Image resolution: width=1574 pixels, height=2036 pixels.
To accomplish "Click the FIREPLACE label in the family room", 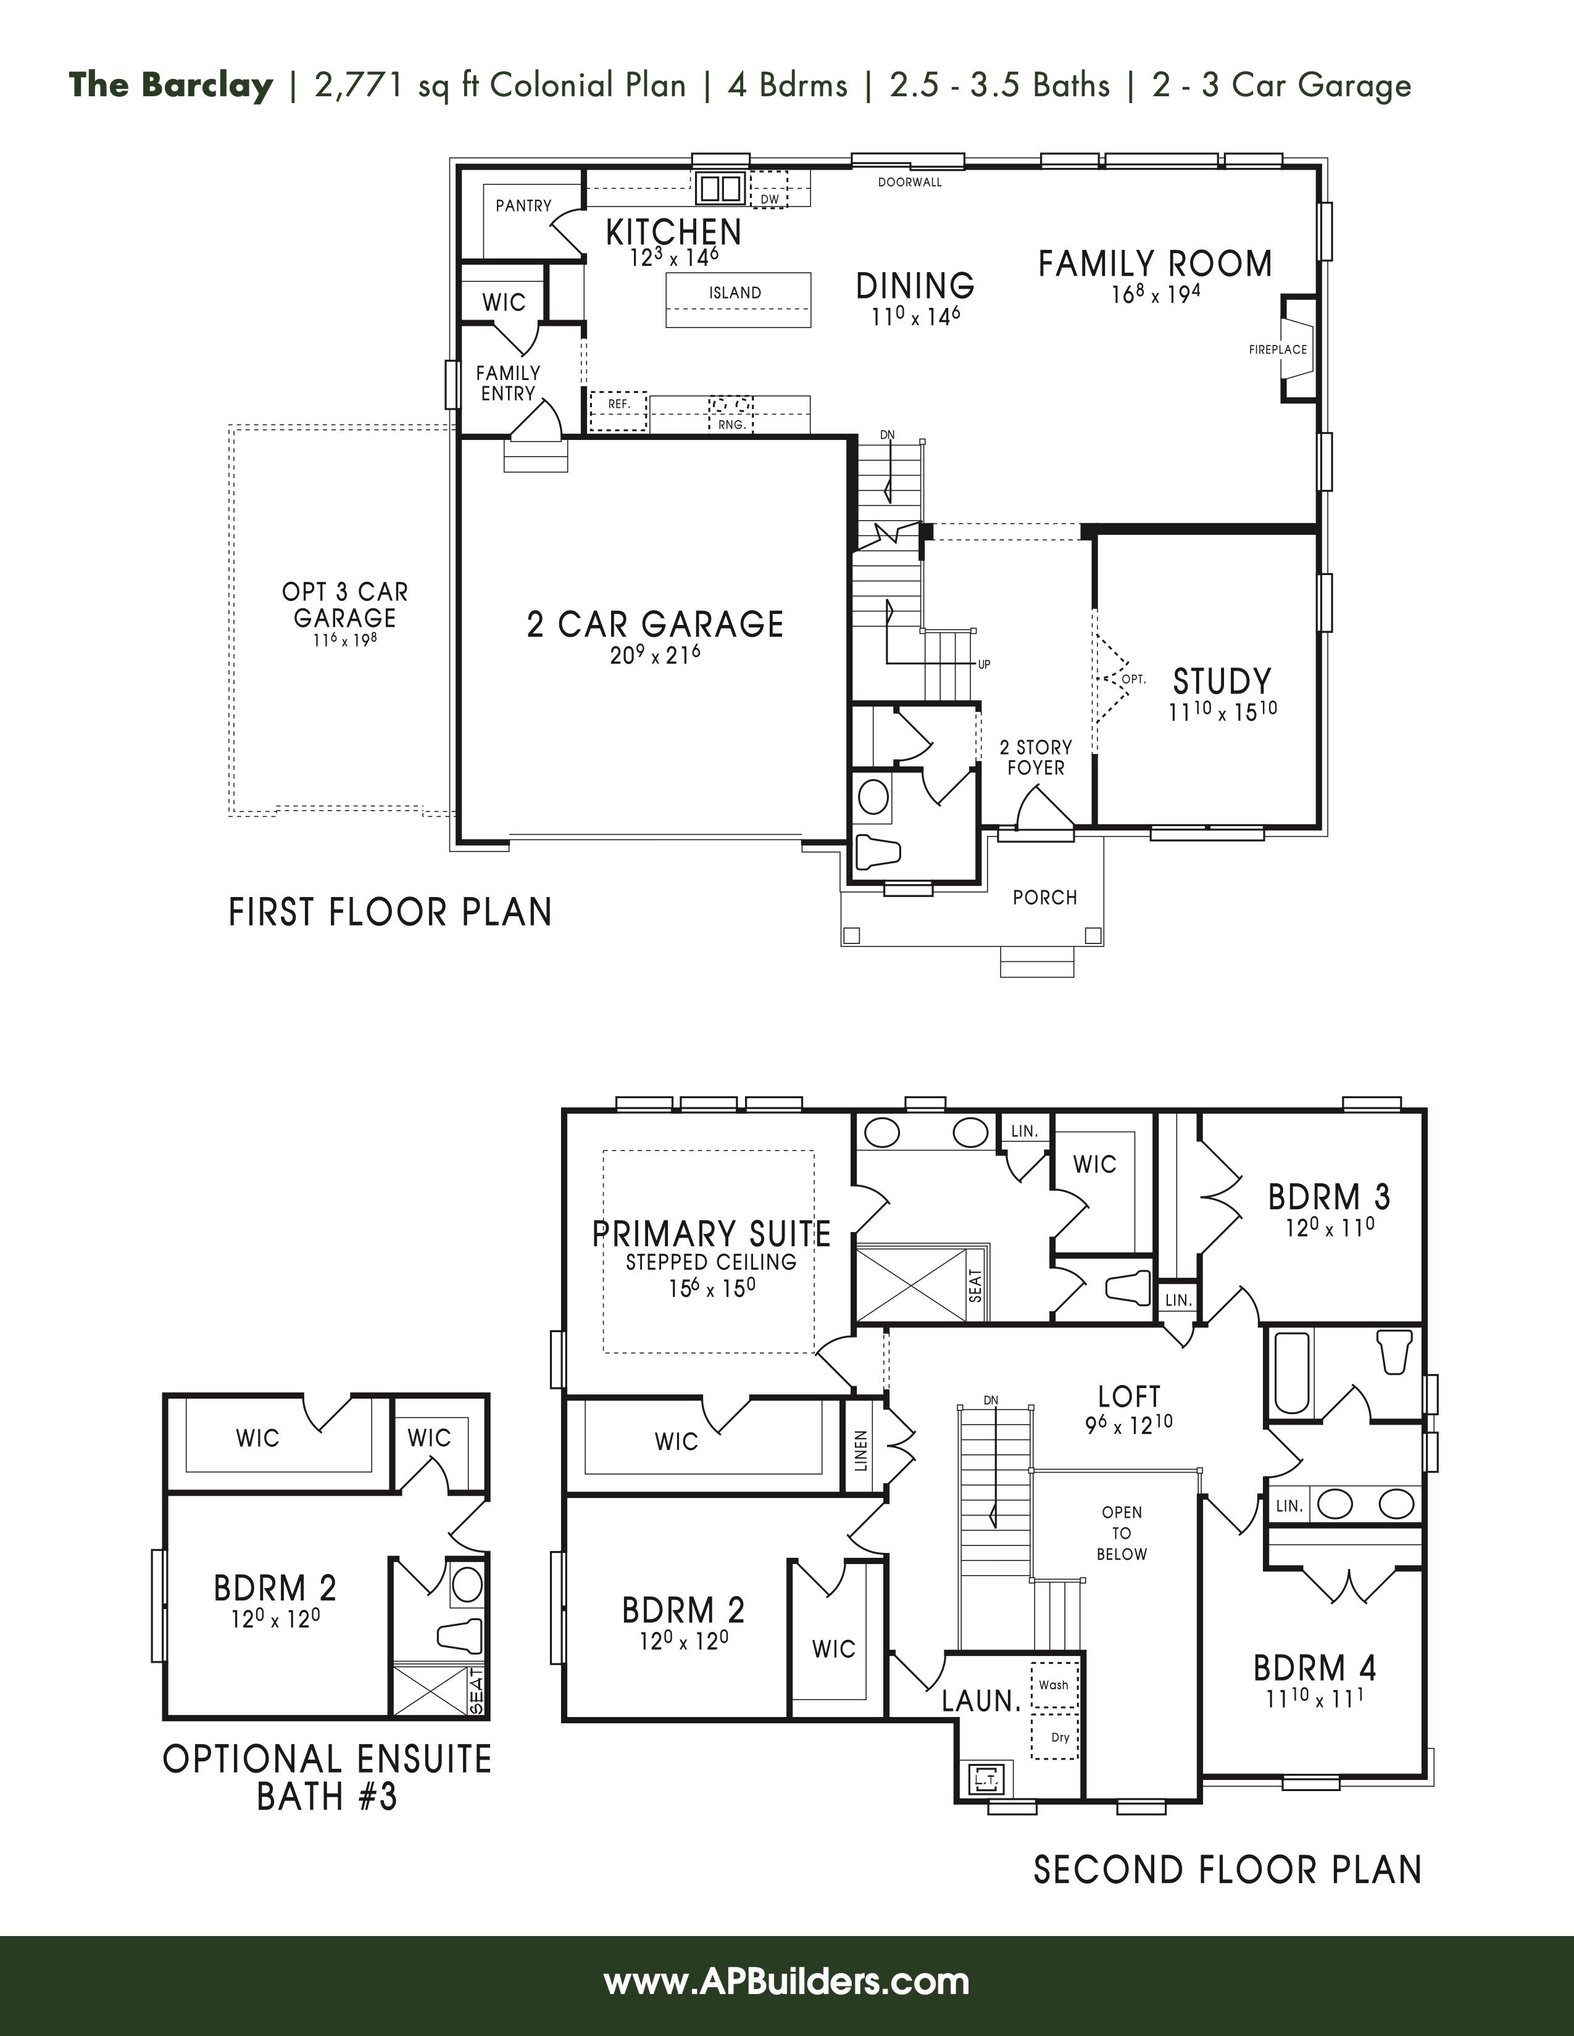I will (x=1278, y=350).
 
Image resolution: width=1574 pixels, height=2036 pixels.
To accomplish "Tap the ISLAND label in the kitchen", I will (x=735, y=292).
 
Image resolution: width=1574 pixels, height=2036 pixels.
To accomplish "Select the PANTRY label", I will (x=523, y=205).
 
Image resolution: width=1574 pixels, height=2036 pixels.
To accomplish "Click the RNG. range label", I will (x=731, y=424).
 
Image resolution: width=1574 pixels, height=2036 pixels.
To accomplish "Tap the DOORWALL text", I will (x=909, y=183).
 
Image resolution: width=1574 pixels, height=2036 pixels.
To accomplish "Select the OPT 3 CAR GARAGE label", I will (x=345, y=605).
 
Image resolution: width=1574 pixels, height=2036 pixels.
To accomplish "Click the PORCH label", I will (x=1044, y=897).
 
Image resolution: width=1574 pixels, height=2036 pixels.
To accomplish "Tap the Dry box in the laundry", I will (x=1059, y=1737).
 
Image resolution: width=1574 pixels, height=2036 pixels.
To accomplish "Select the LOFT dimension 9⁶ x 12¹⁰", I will (x=1128, y=1423).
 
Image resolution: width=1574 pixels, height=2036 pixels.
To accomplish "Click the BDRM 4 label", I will (x=1315, y=1668).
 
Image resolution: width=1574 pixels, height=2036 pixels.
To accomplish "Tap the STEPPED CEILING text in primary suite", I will (x=710, y=1262).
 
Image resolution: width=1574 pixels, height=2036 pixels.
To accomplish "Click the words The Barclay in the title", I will (x=170, y=85).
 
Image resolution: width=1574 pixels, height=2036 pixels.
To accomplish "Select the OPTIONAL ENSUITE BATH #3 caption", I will (x=327, y=1777).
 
